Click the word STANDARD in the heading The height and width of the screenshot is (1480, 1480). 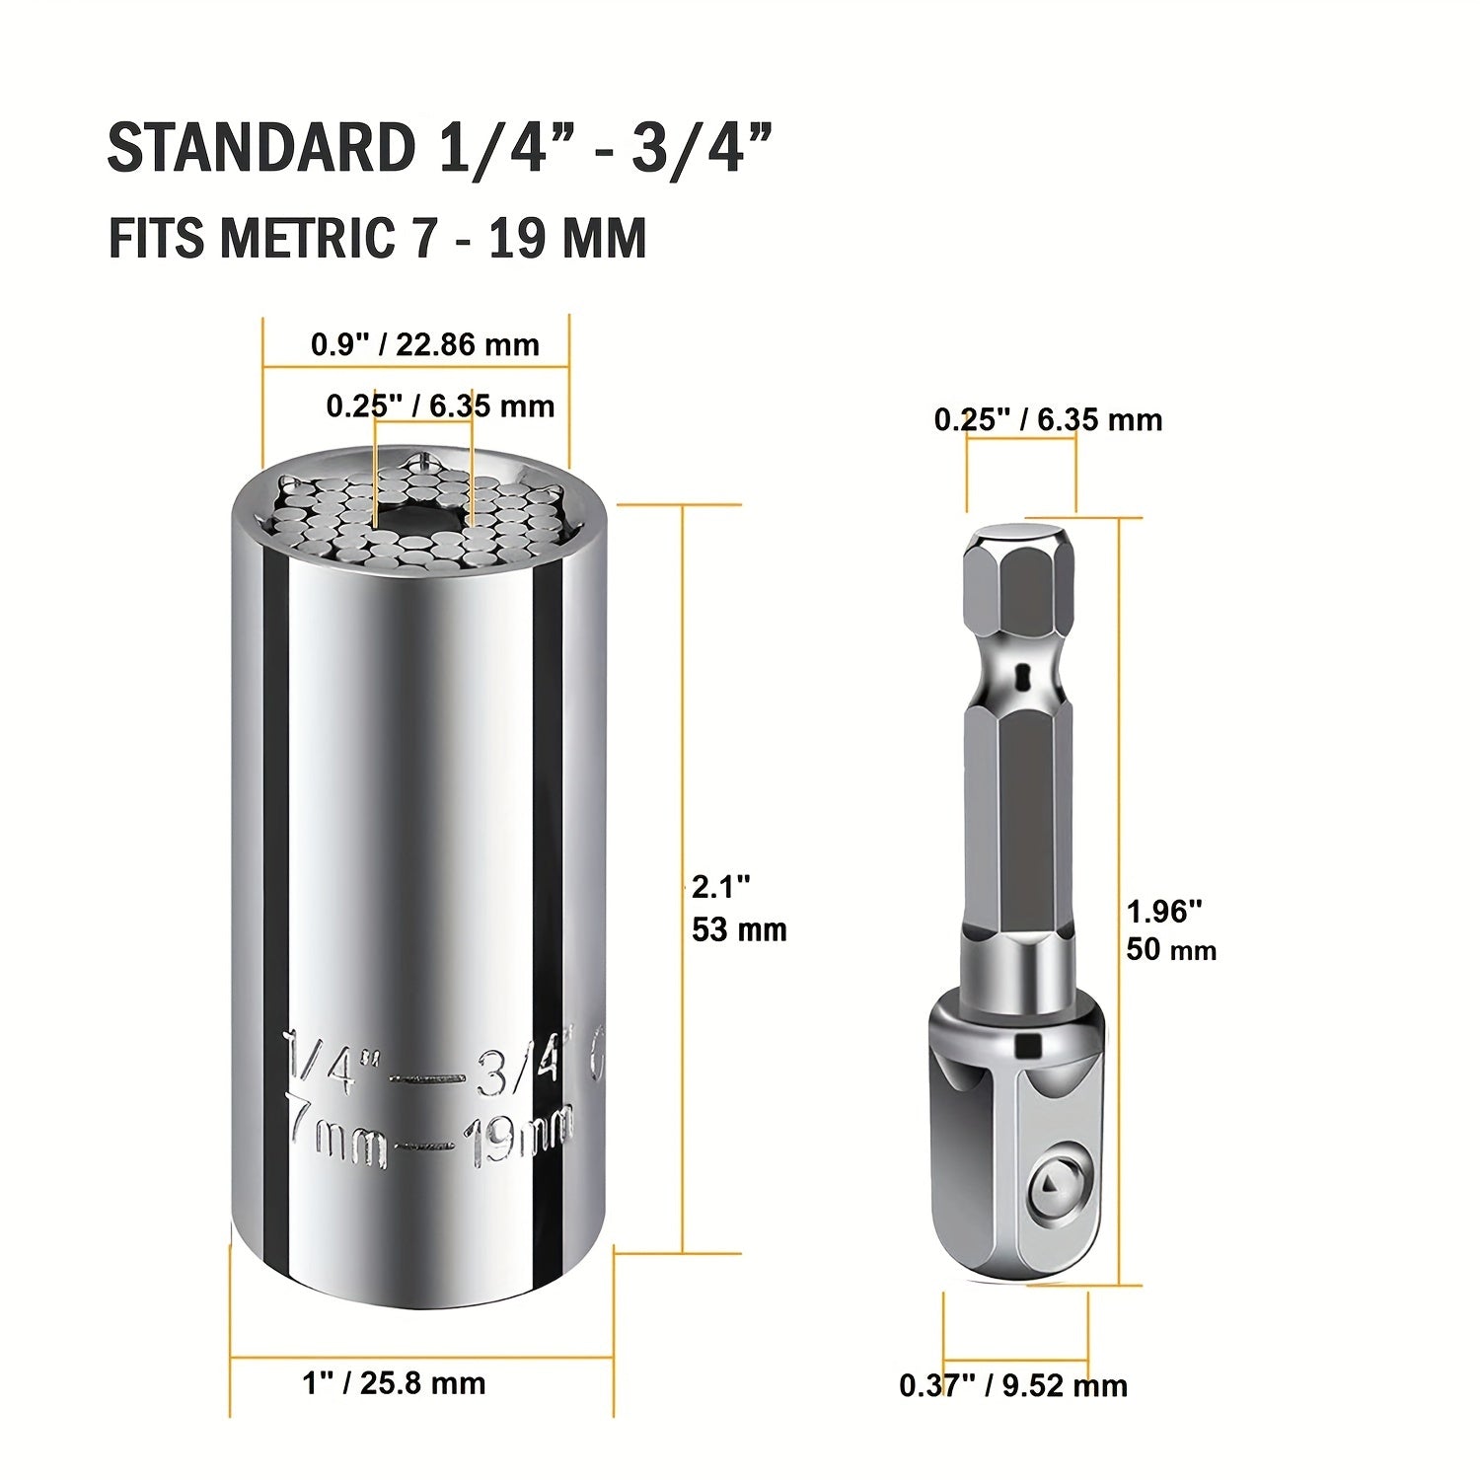coord(261,149)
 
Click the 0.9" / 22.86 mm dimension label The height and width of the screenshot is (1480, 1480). coord(425,344)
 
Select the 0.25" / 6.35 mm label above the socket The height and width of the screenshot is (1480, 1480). coord(440,406)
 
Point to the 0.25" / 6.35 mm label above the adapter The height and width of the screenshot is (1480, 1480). coord(1048,419)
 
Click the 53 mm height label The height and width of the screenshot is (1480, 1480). coord(739,929)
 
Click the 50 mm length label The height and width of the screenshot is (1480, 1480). coord(1171,950)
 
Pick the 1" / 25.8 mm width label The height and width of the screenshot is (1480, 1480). coord(394,1382)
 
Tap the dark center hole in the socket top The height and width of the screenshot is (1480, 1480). coord(422,521)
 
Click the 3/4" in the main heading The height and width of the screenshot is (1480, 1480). coord(701,149)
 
